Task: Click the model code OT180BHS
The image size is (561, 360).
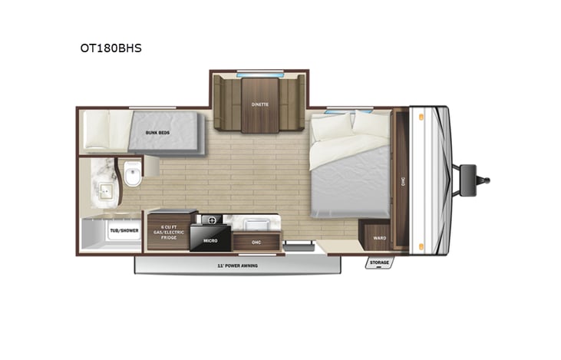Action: coord(111,48)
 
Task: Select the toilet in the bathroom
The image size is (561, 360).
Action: coord(134,176)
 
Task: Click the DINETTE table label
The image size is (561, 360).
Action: coord(258,104)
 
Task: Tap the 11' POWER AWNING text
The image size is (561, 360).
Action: coord(236,266)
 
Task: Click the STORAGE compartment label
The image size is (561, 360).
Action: coord(379,263)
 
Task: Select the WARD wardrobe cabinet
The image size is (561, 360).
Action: coord(379,238)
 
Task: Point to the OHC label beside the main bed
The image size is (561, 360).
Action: coord(402,182)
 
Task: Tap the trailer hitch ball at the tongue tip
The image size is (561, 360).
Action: coord(485,180)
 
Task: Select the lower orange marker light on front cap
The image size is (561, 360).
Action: coord(421,246)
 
